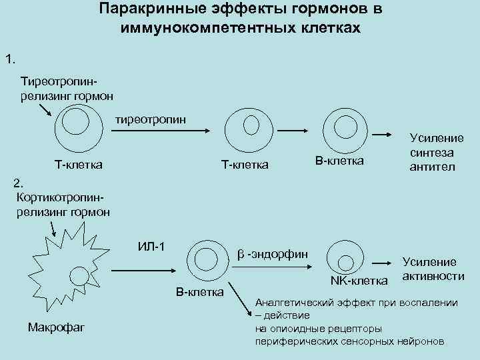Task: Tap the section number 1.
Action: pos(10,60)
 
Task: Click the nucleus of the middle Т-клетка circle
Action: pos(250,124)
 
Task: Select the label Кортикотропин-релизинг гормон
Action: pos(61,205)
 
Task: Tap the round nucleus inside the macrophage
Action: pos(79,275)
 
